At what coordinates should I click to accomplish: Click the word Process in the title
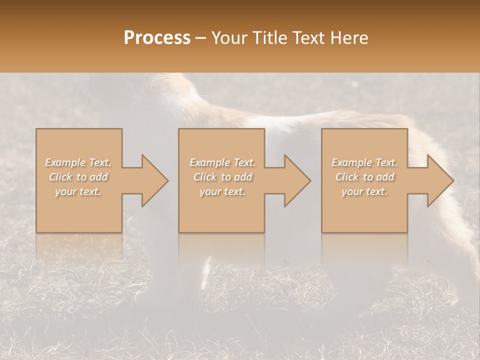tap(157, 38)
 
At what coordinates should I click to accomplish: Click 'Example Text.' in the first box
tap(78, 162)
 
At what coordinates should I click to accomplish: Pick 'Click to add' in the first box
tap(78, 177)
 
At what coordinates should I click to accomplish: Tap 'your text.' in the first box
tap(78, 191)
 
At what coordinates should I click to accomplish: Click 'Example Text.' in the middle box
tap(222, 162)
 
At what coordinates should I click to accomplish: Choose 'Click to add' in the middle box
tap(222, 177)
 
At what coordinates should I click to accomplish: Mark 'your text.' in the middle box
tap(222, 191)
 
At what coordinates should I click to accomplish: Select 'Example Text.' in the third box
tap(364, 162)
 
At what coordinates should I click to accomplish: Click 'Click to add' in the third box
tap(364, 177)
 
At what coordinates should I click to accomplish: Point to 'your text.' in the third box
tap(364, 191)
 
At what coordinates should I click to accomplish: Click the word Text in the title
tap(307, 38)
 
